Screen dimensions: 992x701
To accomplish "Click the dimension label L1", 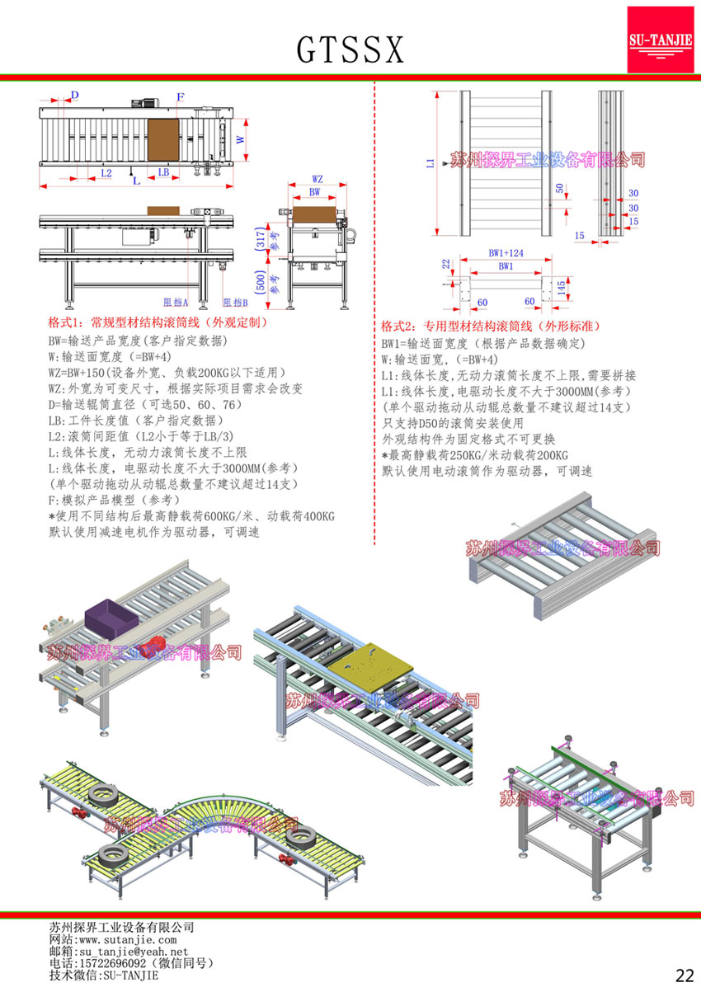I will [x=430, y=163].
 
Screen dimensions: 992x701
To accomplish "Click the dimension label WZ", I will [x=318, y=179].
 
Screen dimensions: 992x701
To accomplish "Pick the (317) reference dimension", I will [x=261, y=239].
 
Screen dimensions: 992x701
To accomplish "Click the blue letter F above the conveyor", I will [x=180, y=97].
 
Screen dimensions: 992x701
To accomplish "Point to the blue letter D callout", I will [x=75, y=96].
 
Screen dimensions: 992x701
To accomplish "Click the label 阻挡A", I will [x=176, y=303].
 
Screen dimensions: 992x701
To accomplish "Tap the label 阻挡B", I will [x=235, y=303].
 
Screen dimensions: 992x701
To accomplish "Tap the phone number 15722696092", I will [x=111, y=962].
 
